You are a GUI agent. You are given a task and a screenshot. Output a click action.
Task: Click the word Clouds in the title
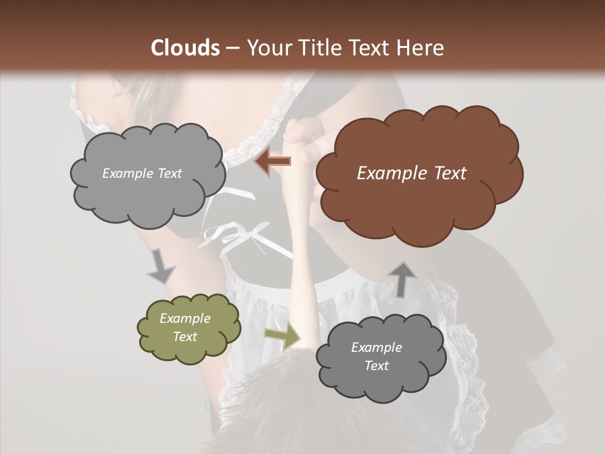[x=185, y=48]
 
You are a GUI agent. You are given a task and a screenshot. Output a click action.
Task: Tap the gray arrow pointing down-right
[x=161, y=265]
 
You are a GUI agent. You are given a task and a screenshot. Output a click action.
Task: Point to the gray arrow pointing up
[x=403, y=279]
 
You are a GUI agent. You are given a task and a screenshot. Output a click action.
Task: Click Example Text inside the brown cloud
[x=412, y=173]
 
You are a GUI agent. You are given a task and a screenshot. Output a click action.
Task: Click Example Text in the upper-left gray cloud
[x=142, y=173]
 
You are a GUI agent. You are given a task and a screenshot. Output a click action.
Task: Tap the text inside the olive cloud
[x=185, y=328]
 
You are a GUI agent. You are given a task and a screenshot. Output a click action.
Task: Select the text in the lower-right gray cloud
[x=377, y=356]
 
